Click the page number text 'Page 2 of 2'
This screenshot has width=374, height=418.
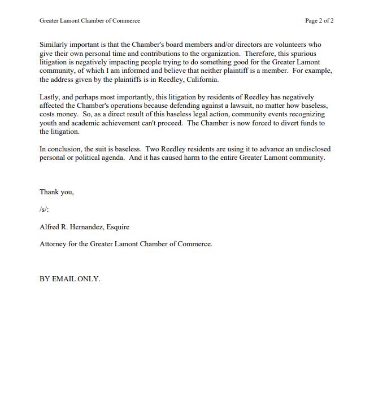[x=319, y=21]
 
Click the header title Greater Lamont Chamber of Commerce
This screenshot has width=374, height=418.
[x=90, y=21]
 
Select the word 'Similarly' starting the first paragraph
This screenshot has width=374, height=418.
[x=54, y=45]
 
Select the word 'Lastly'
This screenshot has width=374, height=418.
[x=50, y=97]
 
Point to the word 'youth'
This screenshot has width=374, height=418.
[x=49, y=123]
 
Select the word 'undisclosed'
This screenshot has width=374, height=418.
[x=311, y=149]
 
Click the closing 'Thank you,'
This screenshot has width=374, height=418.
[x=56, y=192]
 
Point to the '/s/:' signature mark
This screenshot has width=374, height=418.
[x=45, y=210]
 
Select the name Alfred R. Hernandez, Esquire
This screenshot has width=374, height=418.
[x=84, y=227]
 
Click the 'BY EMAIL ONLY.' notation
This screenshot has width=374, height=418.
[x=70, y=279]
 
